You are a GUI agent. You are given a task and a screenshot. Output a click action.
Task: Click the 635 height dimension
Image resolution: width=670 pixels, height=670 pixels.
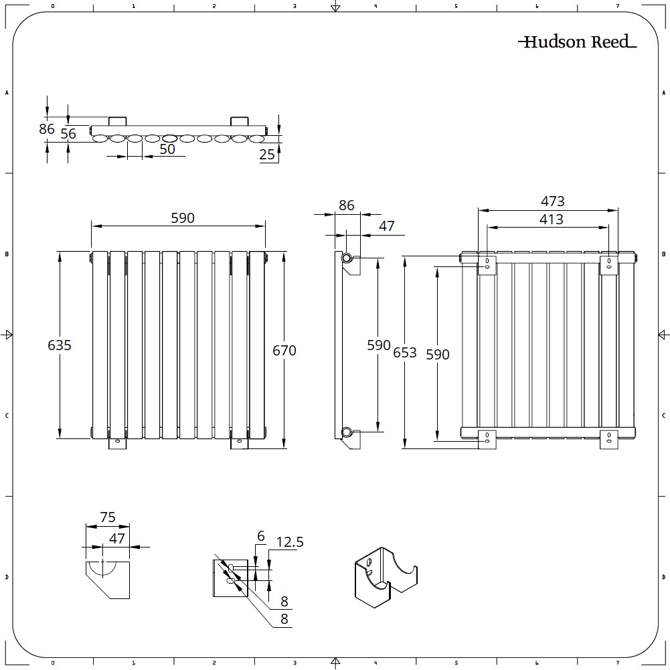point(60,345)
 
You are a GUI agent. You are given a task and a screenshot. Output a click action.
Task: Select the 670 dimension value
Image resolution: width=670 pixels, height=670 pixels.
point(284,350)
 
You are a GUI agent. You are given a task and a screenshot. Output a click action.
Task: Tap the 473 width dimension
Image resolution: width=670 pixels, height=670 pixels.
point(553,201)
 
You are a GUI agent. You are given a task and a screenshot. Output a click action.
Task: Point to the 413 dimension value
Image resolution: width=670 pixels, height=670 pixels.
point(551,219)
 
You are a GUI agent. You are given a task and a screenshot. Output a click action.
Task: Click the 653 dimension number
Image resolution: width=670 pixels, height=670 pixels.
point(405,352)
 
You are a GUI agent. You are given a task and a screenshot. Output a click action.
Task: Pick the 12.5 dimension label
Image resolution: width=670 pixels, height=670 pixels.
point(290,542)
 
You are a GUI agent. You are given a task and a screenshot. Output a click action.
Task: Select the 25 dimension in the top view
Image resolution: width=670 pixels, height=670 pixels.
point(267,155)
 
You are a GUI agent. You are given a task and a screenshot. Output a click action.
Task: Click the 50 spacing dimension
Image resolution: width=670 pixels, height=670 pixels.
point(167,149)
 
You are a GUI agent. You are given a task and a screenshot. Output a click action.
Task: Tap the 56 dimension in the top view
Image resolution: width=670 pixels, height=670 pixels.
point(68,134)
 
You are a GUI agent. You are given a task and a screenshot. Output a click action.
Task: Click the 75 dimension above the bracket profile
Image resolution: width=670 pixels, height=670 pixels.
point(108,517)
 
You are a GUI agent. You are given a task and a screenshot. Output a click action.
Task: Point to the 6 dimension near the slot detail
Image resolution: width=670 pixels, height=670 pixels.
point(261,536)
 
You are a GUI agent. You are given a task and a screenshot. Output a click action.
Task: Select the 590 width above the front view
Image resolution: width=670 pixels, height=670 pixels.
point(182,218)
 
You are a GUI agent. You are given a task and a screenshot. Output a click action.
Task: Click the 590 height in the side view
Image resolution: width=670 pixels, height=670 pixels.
point(379,345)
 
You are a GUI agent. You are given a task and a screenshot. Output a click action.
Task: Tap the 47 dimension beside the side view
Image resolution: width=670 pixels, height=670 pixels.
point(387,226)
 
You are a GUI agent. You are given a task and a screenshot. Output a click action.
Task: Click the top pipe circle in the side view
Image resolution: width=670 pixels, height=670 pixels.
point(347,258)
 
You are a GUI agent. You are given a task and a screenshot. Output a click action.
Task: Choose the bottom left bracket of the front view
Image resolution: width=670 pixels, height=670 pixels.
point(117,443)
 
